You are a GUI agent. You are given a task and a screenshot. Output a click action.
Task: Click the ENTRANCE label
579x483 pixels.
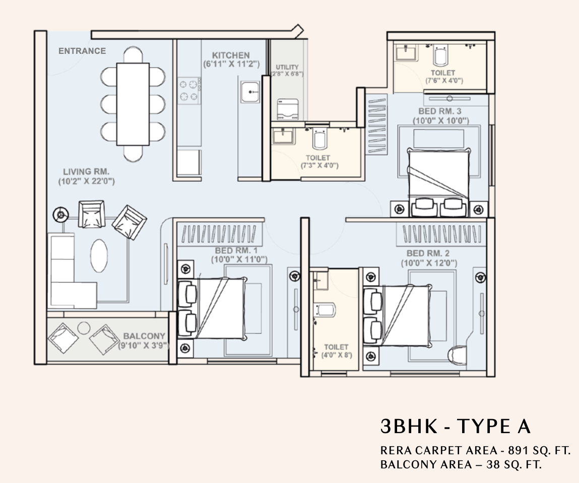82,51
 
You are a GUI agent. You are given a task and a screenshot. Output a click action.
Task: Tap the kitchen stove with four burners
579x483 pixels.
189,90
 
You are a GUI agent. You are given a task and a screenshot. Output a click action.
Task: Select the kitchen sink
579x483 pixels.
250,92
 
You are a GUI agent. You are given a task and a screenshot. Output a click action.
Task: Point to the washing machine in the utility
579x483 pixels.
288,109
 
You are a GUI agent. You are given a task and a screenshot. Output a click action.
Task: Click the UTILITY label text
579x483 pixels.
287,67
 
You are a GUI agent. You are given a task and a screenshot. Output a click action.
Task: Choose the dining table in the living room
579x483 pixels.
133,104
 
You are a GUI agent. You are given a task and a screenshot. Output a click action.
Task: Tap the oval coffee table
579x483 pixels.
99,256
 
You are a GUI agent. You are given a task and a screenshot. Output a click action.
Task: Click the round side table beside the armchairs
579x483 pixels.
60,215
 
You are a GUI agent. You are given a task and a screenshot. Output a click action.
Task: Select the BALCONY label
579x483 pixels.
144,336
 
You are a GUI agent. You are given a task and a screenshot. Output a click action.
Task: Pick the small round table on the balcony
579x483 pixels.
84,328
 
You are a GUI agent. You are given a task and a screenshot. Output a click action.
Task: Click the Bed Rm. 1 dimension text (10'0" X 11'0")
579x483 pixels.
239,260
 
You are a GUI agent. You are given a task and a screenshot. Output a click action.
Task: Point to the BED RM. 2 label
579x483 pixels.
428,253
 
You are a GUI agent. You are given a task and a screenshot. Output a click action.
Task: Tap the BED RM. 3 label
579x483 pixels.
440,111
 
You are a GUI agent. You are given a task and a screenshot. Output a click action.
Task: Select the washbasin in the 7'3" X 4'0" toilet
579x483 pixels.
283,135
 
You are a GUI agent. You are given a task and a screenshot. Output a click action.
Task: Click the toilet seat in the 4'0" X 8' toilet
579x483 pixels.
325,310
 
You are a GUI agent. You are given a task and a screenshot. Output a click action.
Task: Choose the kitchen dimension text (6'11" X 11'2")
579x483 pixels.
231,64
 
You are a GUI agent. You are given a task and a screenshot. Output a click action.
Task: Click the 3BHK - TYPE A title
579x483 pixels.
456,426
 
